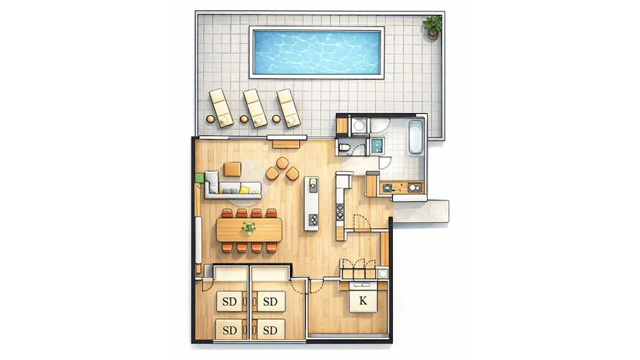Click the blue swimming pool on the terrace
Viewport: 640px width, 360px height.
click(317, 52)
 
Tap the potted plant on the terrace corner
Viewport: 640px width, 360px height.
click(433, 28)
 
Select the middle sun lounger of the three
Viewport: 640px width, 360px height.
click(255, 108)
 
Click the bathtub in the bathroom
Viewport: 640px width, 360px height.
click(416, 136)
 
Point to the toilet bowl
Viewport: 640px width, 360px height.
click(344, 147)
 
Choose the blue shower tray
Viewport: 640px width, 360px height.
click(377, 146)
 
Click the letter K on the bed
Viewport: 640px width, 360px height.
click(363, 301)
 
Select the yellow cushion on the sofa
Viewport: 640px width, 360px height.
click(244, 189)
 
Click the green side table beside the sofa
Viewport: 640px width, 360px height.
click(199, 178)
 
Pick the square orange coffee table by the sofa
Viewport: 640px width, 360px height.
click(232, 169)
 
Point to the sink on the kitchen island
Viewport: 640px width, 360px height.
click(313, 185)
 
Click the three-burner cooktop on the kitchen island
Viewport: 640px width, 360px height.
click(313, 219)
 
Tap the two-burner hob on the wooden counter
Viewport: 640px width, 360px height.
click(415, 187)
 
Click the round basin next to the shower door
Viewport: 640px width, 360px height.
click(359, 125)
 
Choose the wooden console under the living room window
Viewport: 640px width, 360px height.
click(286, 144)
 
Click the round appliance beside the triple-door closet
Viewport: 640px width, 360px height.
click(383, 274)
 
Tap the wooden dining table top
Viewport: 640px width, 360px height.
click(249, 229)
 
